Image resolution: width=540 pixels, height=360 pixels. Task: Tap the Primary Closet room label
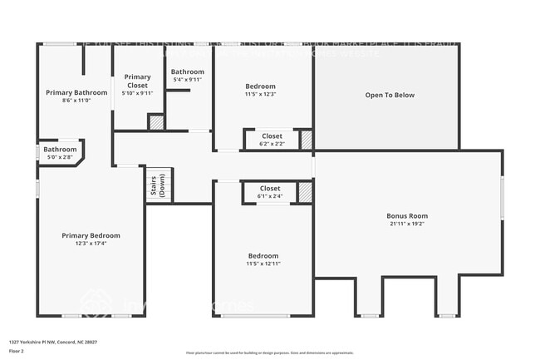pos(139,81)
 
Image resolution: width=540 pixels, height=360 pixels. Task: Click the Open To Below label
pos(390,95)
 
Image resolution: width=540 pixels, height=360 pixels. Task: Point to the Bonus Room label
pos(407,216)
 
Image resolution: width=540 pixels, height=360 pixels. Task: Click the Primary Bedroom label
pos(91,235)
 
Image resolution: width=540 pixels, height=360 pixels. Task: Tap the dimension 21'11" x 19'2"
pos(407,224)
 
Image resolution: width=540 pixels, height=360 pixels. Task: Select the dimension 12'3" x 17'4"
pos(91,244)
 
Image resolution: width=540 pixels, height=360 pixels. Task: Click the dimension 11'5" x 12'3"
pos(260,94)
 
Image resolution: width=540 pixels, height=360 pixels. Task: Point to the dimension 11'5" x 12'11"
pos(263,264)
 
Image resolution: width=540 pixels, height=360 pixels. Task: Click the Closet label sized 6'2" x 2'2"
pos(272,136)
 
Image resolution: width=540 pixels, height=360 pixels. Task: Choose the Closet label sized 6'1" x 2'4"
pos(270,189)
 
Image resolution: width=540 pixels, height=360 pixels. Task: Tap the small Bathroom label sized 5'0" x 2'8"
pos(60,150)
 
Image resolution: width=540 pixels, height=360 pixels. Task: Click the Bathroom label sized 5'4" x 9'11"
pos(188,72)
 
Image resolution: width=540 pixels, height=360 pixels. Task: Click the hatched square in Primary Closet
pos(155,121)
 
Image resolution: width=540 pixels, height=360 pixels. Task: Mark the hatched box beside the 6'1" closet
pos(306,192)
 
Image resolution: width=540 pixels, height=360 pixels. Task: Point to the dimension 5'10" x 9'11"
pos(139,93)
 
